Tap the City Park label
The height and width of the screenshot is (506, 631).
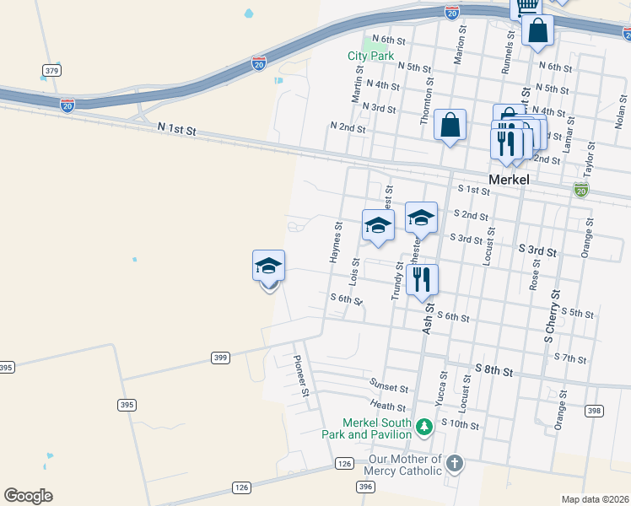pos(371,57)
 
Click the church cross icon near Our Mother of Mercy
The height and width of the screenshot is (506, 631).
pos(455,463)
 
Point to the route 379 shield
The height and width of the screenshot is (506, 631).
pos(52,70)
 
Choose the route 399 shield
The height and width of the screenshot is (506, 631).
pos(220,358)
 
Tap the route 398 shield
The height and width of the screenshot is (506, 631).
pos(594,411)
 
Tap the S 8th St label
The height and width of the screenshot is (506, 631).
pos(493,369)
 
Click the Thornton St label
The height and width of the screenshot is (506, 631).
pos(426,103)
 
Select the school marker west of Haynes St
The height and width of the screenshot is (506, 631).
pos(269,266)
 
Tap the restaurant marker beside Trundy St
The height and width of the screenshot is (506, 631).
pos(422,279)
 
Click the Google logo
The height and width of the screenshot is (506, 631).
pos(28,496)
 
